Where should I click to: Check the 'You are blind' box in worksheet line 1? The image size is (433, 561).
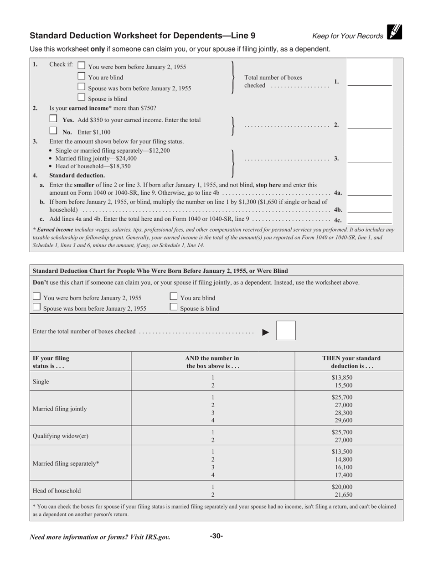tap(82, 76)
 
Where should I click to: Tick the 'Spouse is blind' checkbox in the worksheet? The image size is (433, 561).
tap(82, 97)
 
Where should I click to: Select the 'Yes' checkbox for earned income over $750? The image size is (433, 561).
tap(53, 119)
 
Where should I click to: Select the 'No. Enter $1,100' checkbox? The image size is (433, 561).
tap(53, 131)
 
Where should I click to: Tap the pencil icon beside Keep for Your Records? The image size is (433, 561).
tap(394, 32)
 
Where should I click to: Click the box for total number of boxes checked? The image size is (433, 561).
tap(286, 331)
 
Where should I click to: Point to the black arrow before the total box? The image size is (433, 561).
tap(266, 332)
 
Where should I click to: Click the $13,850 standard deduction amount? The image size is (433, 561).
tap(342, 378)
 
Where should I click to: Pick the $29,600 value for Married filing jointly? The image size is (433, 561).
tap(343, 421)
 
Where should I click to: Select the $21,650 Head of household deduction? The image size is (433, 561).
tap(343, 495)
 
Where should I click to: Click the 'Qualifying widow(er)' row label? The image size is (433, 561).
tap(61, 436)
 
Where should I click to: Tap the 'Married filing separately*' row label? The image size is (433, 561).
tap(66, 463)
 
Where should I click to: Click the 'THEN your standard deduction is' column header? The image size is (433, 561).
tap(349, 362)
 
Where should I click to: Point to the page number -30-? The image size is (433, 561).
tap(216, 536)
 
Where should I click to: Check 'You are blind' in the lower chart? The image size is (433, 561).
tap(174, 296)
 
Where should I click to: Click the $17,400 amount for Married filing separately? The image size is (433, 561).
tap(343, 475)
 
